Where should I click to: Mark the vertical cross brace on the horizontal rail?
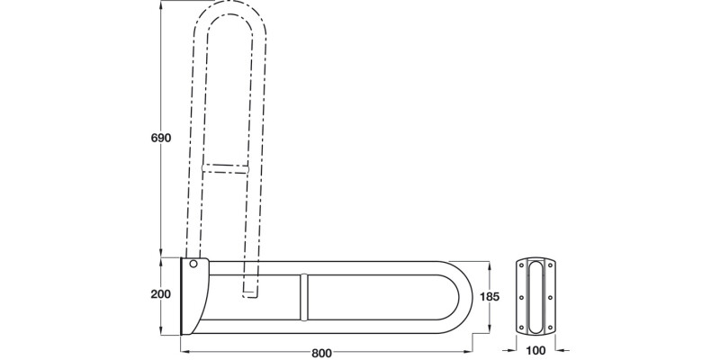[304, 295]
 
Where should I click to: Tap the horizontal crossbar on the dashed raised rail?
[225, 168]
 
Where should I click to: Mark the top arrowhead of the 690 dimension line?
[160, 7]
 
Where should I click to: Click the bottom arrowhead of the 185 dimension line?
[490, 327]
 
